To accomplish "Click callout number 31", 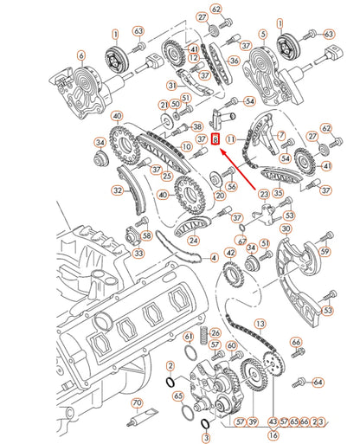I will (x=172, y=85).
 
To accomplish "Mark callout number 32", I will (x=116, y=189).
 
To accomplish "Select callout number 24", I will (x=194, y=241).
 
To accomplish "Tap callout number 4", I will (x=214, y=258).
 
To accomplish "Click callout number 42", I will (x=230, y=254).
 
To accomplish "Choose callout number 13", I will (x=258, y=322).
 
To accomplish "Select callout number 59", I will (x=325, y=251).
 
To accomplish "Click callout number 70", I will (x=136, y=402).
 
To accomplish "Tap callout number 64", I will (x=318, y=382).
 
